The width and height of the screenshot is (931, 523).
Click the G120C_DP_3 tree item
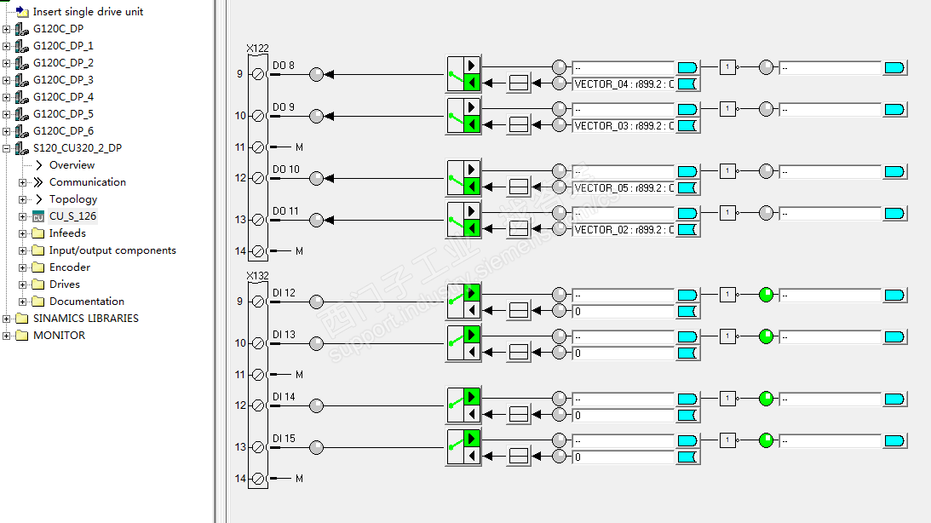pyautogui.click(x=63, y=79)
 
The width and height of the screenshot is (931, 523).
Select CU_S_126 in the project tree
pyautogui.click(x=72, y=216)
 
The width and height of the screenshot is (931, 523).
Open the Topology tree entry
pyautogui.click(x=73, y=199)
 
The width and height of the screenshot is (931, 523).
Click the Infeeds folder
pyautogui.click(x=67, y=233)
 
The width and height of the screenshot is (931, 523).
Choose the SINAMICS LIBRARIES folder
pyautogui.click(x=85, y=319)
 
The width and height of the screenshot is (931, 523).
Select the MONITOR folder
pyautogui.click(x=59, y=336)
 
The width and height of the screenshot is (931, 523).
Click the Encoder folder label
pyautogui.click(x=70, y=267)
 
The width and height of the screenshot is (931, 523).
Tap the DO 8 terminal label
pyautogui.click(x=284, y=66)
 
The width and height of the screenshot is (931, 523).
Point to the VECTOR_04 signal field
pyautogui.click(x=624, y=83)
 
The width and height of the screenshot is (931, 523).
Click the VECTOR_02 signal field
pyautogui.click(x=624, y=229)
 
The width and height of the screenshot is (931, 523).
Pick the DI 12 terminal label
pyautogui.click(x=284, y=293)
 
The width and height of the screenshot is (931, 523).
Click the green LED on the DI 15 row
pyautogui.click(x=767, y=440)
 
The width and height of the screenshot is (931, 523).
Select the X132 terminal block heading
pyautogui.click(x=257, y=276)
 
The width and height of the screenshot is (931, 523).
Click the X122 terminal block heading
pyautogui.click(x=257, y=49)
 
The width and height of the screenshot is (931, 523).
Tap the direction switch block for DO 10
pyautogui.click(x=464, y=178)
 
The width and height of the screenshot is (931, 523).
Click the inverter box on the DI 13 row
pyautogui.click(x=727, y=336)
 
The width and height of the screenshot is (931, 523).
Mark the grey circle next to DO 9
pyautogui.click(x=317, y=116)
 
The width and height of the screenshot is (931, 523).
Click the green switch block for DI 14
pyautogui.click(x=464, y=405)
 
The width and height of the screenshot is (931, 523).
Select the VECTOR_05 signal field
pyautogui.click(x=624, y=187)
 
